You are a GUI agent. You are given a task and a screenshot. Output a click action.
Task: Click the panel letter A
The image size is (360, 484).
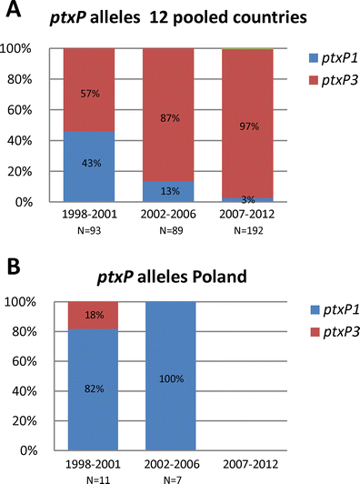pos(12,12)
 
